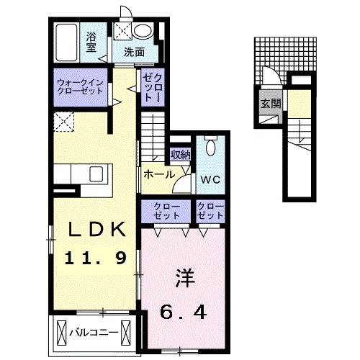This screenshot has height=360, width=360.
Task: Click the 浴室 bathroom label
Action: [x=91, y=42]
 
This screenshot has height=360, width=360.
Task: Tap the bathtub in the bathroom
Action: [x=69, y=42]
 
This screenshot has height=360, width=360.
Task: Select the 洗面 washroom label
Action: [x=134, y=52]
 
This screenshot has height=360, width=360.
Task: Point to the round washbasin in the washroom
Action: [x=143, y=31]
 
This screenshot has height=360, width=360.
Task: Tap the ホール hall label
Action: [x=158, y=174]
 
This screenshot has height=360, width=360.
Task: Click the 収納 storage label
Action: [x=180, y=154]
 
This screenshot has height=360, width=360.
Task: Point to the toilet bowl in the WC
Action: [x=210, y=147]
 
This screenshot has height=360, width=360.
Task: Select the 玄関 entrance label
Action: [x=266, y=103]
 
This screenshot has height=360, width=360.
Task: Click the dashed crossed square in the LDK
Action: [x=66, y=122]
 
